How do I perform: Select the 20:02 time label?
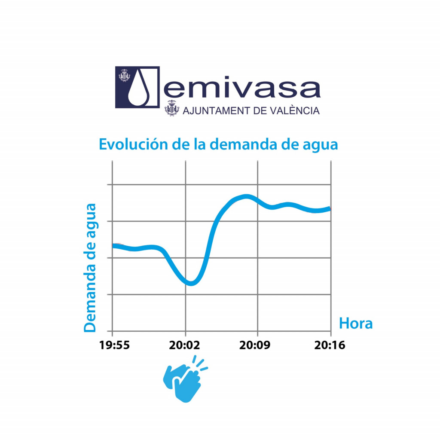[185, 345]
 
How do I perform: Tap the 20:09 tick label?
[257, 345]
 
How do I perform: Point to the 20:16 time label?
[330, 345]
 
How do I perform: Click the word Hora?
[356, 323]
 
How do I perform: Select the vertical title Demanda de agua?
[90, 267]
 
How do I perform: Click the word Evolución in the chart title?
[131, 144]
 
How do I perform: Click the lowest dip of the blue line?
[191, 283]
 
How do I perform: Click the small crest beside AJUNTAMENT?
[172, 109]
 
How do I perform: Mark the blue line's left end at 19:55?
[113, 245]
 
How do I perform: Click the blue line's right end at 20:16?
[330, 209]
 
